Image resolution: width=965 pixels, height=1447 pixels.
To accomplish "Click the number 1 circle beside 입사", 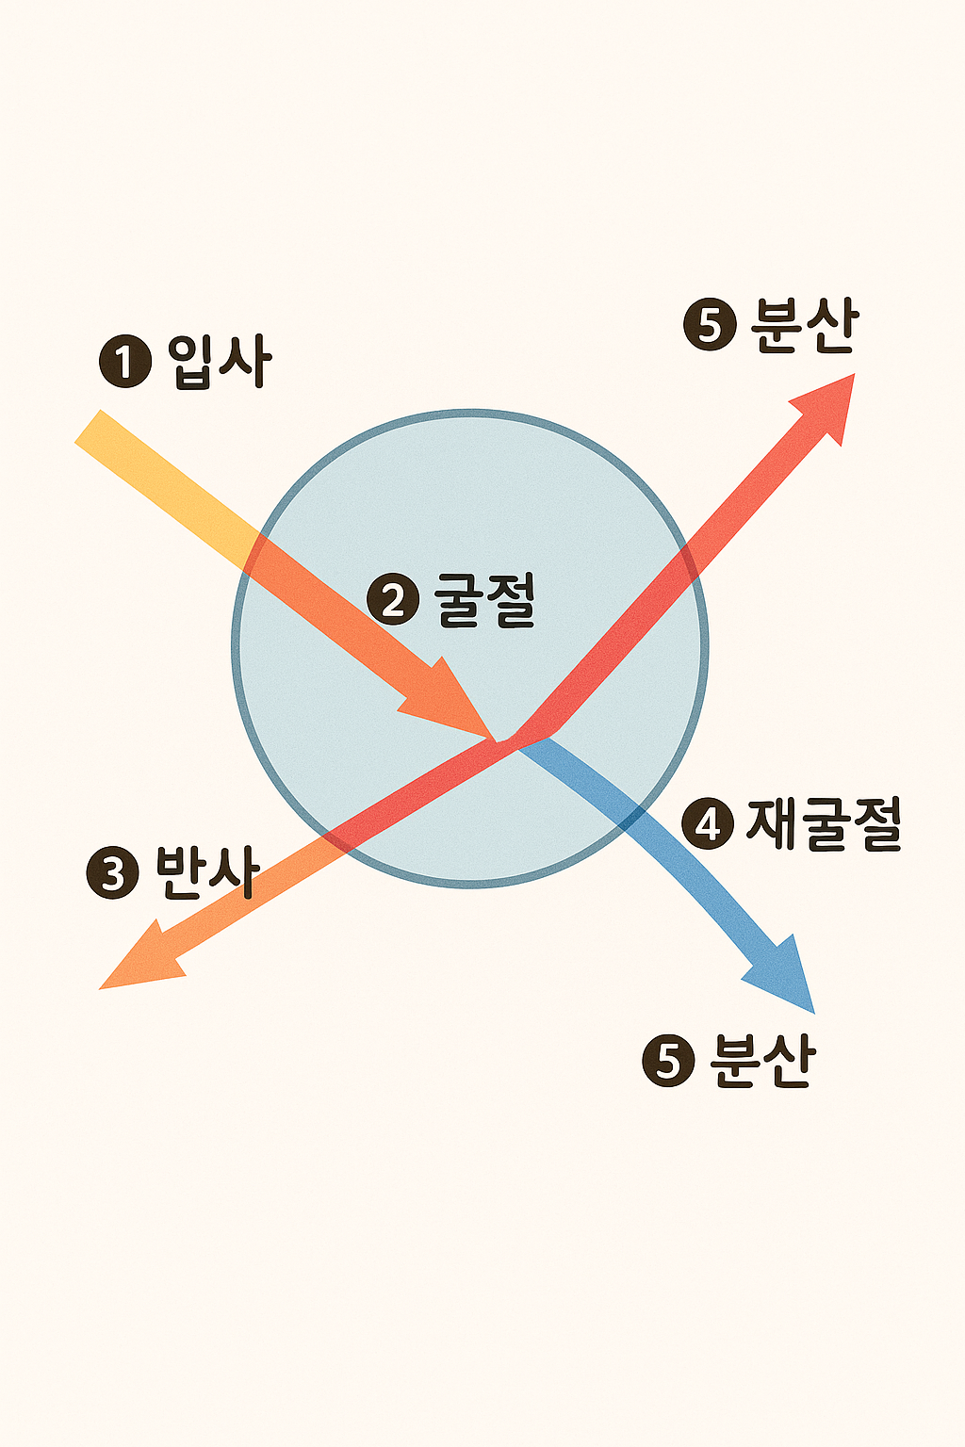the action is pyautogui.click(x=124, y=363).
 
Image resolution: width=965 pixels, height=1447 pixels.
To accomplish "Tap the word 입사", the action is pyautogui.click(x=221, y=361).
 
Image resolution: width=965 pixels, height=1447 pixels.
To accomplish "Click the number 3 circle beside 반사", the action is pyautogui.click(x=112, y=873).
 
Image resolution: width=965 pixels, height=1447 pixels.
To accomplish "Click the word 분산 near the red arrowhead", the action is pyautogui.click(x=804, y=325).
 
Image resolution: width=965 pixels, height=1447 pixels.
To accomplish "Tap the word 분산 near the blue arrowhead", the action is pyautogui.click(x=761, y=1061).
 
